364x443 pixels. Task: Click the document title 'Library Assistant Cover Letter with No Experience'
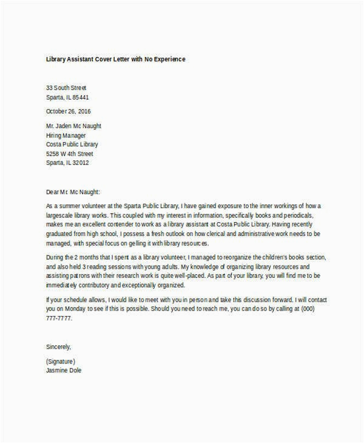(x=116, y=59)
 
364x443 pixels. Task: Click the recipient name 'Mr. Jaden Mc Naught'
(x=74, y=126)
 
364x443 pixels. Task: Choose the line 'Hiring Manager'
(x=66, y=135)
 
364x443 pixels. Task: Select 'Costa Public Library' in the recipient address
(x=72, y=144)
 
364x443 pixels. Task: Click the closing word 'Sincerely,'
(x=59, y=347)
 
